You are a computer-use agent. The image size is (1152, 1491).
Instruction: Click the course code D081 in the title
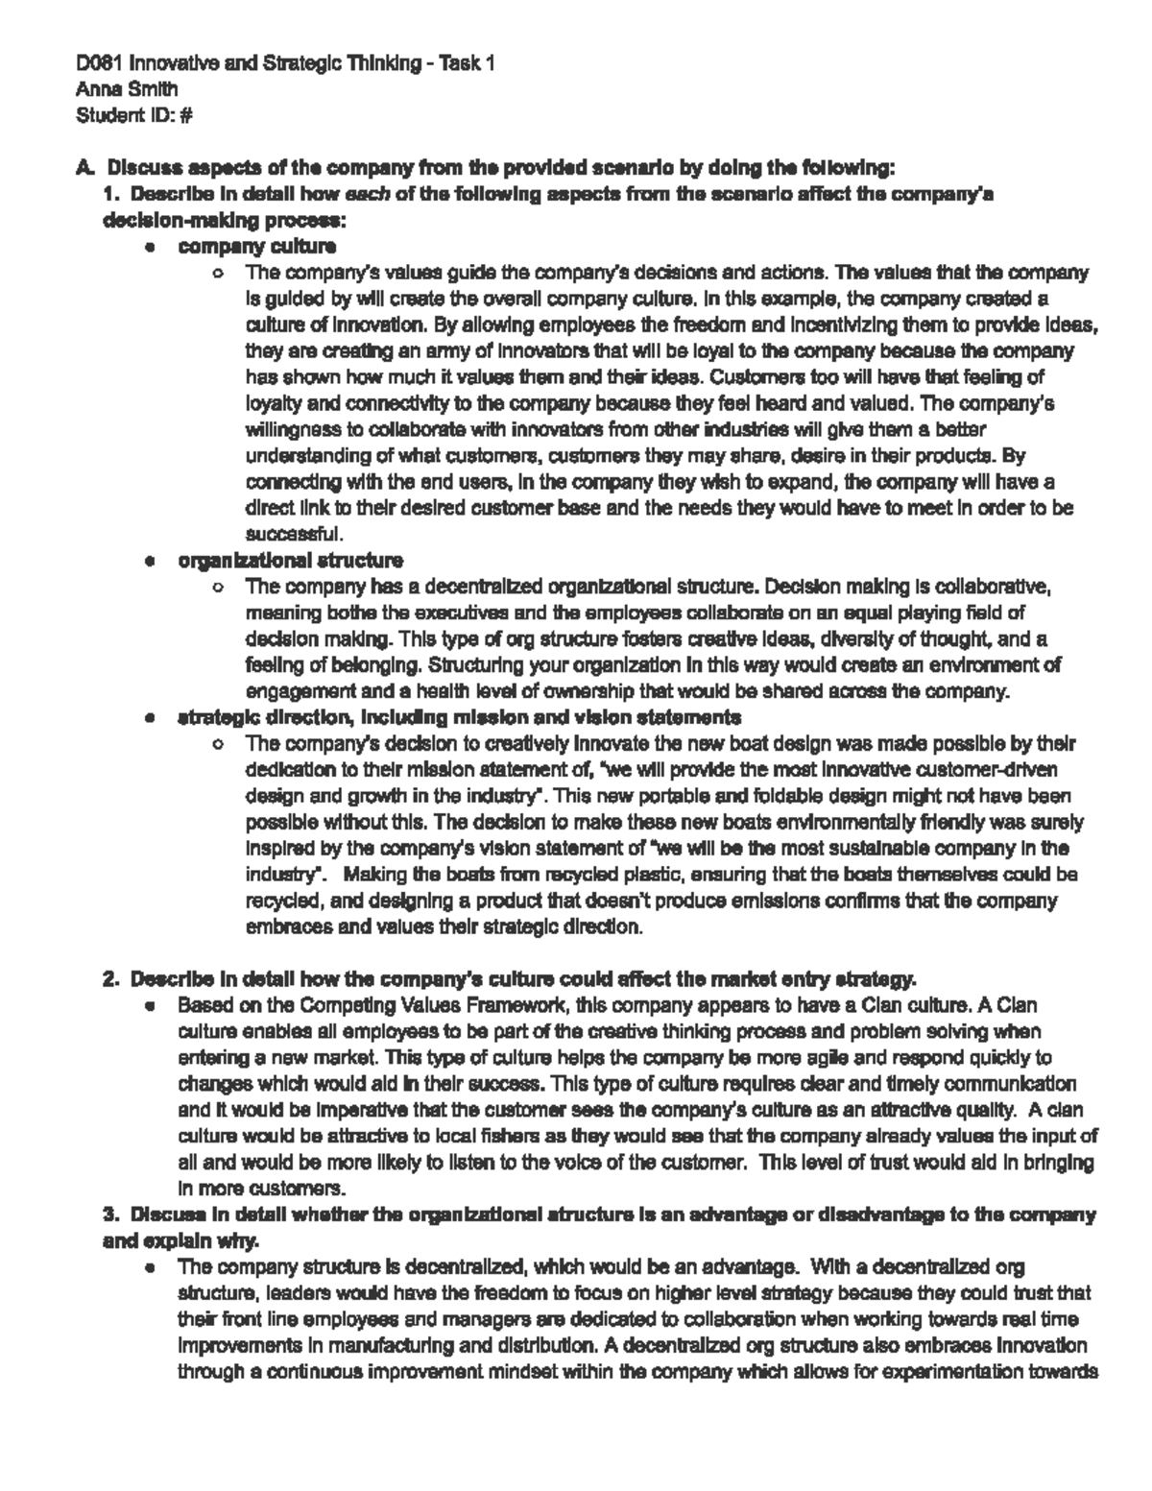[x=101, y=64]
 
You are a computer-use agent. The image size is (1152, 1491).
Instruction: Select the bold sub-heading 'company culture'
[x=256, y=247]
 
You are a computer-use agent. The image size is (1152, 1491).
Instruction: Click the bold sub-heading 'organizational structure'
[x=290, y=560]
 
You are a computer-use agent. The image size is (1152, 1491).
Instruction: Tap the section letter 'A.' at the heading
[x=85, y=169]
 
